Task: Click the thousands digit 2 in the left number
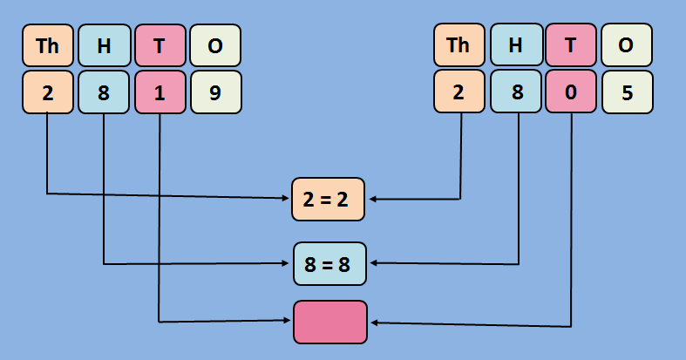click(x=48, y=92)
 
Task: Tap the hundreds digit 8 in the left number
click(x=104, y=92)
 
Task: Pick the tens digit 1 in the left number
click(x=160, y=92)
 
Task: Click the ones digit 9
click(x=215, y=92)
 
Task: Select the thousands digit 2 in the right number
click(x=459, y=92)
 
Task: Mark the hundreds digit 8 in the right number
click(x=515, y=92)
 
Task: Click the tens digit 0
click(x=571, y=92)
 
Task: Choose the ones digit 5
click(x=627, y=92)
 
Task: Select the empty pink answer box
click(x=329, y=322)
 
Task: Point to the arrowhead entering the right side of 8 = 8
click(x=373, y=263)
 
